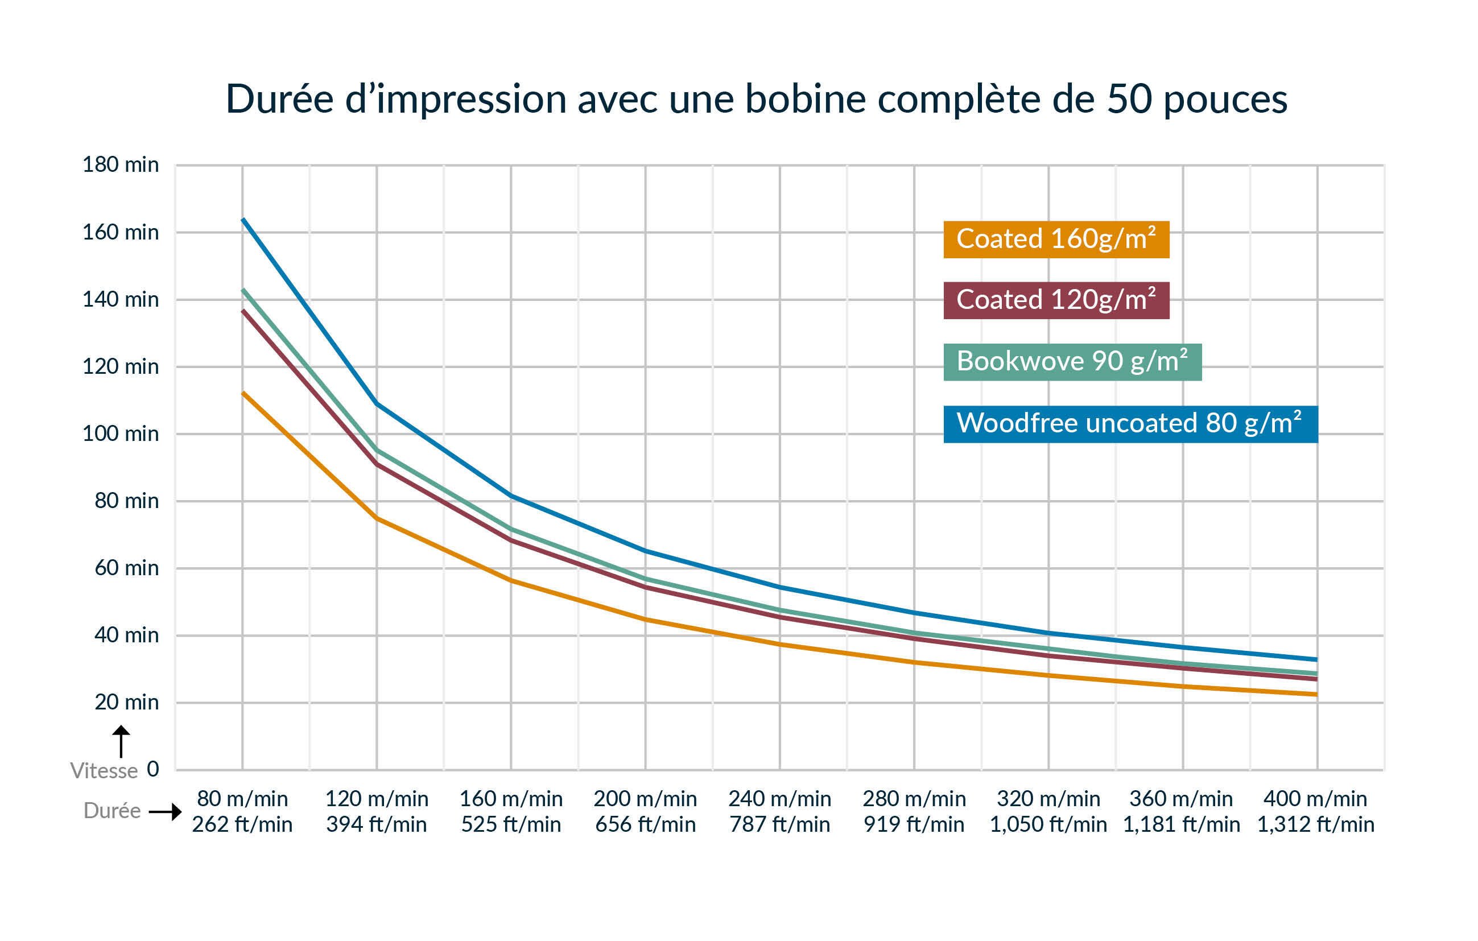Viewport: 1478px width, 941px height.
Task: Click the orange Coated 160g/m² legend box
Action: (1056, 240)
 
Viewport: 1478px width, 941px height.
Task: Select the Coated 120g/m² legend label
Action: (1056, 300)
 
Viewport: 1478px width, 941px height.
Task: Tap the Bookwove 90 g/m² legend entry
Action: (1072, 361)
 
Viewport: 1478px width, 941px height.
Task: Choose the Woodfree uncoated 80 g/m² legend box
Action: (1130, 423)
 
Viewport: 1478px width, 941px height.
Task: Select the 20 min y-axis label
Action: (126, 701)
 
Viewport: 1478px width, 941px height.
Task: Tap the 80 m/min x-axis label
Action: (242, 799)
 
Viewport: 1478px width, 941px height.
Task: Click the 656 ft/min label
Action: (645, 824)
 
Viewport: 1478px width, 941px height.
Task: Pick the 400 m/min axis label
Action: (1315, 799)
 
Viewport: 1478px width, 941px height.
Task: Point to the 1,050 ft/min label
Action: (1048, 824)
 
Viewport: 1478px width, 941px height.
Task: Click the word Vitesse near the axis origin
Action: (104, 771)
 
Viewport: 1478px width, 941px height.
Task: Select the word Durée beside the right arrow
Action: (112, 811)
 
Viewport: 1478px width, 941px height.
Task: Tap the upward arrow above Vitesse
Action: (121, 741)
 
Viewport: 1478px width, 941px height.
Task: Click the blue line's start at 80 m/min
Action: (243, 219)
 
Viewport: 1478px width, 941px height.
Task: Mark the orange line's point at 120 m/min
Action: (377, 519)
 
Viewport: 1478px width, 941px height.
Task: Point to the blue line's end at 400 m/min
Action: (1316, 660)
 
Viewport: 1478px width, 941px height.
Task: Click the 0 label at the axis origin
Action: (153, 769)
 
